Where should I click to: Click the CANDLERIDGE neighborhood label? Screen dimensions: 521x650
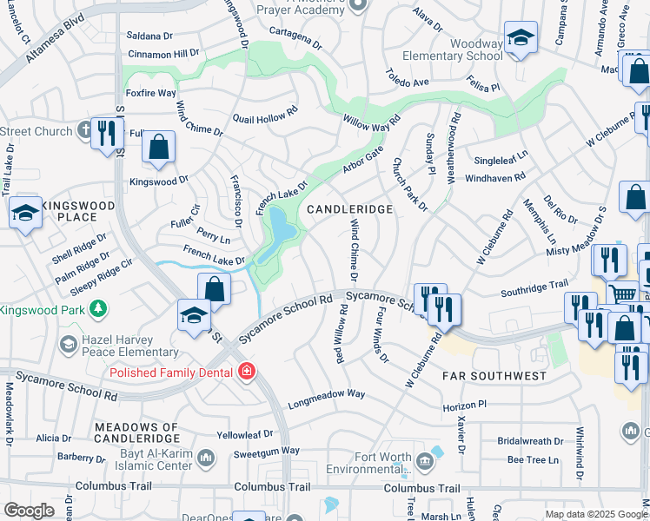point(349,209)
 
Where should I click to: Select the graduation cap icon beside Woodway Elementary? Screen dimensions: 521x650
point(521,38)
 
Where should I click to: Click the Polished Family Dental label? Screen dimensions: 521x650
point(170,373)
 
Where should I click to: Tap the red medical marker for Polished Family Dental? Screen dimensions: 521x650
point(247,373)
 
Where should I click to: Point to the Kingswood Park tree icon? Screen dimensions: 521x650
point(99,308)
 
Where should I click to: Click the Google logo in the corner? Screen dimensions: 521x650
point(29,510)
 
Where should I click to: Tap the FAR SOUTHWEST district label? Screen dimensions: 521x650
point(494,376)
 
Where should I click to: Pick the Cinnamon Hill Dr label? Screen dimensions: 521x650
point(162,53)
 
